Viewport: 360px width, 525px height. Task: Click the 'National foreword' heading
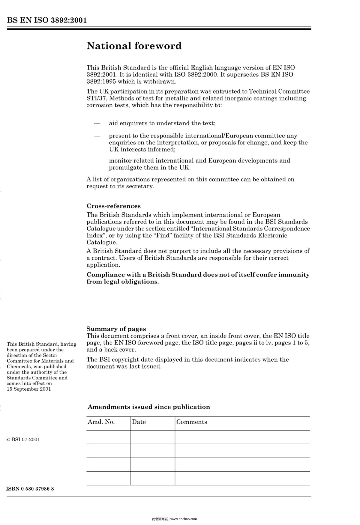tap(134, 46)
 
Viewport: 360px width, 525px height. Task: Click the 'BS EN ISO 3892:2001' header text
tap(47, 20)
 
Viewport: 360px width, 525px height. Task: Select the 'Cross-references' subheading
tap(113, 206)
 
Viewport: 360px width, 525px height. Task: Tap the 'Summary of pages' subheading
tap(116, 329)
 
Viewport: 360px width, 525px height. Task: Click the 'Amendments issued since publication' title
tap(149, 407)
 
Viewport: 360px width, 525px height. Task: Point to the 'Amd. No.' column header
tap(101, 422)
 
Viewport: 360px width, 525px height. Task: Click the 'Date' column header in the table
tap(139, 422)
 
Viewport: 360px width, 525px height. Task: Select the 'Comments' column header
tap(191, 422)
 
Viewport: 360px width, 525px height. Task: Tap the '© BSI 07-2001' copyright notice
tap(23, 440)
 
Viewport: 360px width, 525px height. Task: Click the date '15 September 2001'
tap(29, 389)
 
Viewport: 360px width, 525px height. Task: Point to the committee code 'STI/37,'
tap(95, 98)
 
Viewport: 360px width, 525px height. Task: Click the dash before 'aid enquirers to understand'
tap(97, 124)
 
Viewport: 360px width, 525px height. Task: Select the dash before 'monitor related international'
tap(97, 161)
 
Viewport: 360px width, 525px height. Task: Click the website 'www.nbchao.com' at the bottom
tap(184, 519)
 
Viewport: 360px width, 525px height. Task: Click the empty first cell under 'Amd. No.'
tap(109, 437)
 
